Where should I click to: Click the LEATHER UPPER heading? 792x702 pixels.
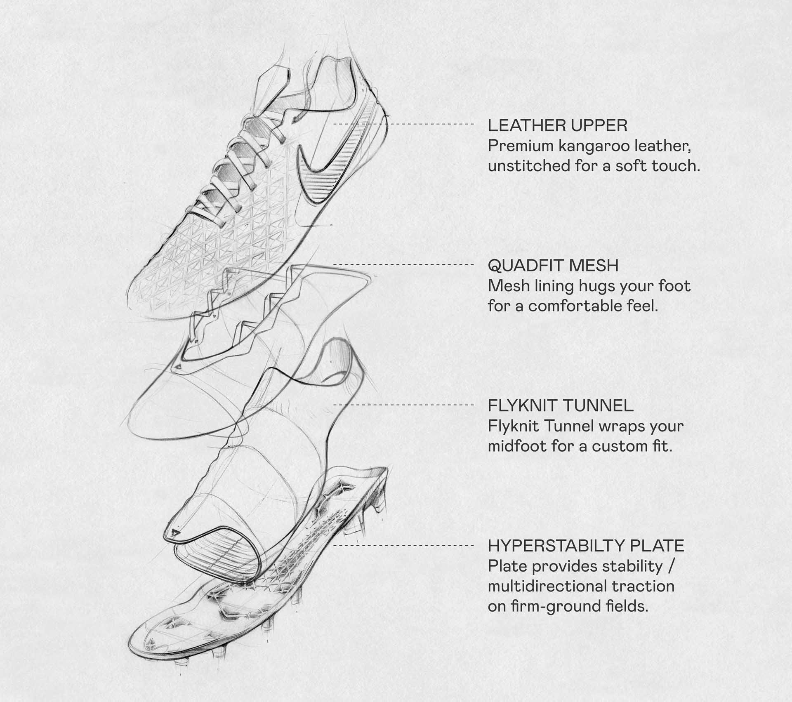click(x=557, y=125)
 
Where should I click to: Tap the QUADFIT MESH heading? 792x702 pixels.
click(x=553, y=266)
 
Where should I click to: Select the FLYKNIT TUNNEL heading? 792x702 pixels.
click(x=561, y=406)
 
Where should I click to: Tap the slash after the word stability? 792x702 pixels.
click(x=671, y=566)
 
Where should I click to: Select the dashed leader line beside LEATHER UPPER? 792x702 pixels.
click(x=403, y=124)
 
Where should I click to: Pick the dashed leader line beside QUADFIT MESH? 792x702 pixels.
click(x=403, y=264)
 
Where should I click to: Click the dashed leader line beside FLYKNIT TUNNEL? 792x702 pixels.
click(x=403, y=405)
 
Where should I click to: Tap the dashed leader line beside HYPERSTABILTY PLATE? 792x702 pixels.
click(x=403, y=545)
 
